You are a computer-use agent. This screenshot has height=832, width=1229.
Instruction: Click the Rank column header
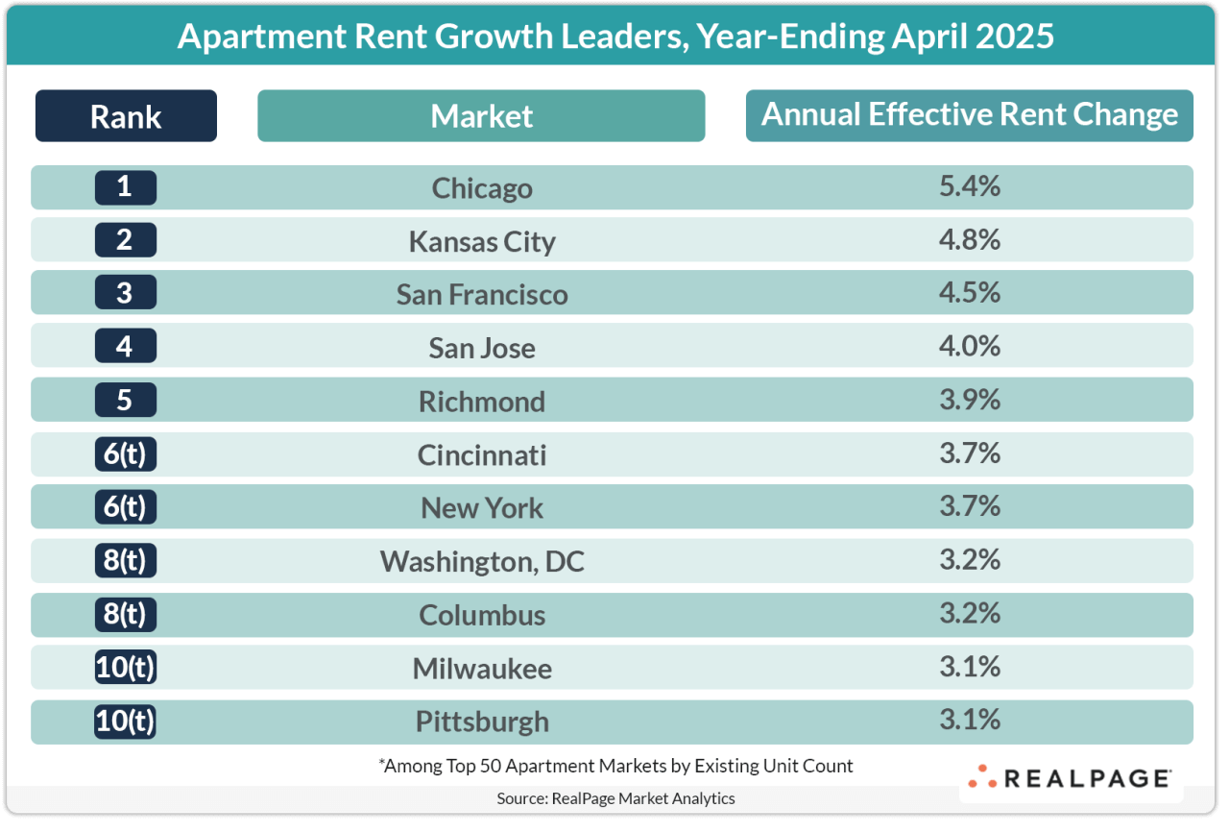point(126,116)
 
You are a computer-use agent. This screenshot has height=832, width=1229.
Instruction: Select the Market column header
point(481,116)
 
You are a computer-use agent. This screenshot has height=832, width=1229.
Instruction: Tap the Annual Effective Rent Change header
point(969,115)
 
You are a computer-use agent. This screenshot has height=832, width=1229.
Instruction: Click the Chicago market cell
point(482,188)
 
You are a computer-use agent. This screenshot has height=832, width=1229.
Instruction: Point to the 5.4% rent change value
point(970,186)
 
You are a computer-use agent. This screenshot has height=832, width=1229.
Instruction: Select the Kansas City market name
point(482,241)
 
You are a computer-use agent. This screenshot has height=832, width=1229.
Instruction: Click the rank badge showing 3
point(125,293)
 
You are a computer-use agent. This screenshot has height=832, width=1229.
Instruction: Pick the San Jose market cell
point(482,348)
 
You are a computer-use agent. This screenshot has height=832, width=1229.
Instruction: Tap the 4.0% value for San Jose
point(970,346)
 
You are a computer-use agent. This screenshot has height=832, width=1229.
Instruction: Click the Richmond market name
point(482,401)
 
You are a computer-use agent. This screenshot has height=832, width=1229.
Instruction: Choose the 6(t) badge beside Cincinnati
point(125,453)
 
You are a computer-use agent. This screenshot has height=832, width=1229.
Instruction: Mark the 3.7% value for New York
point(970,505)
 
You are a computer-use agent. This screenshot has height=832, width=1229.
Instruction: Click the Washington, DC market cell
point(482,561)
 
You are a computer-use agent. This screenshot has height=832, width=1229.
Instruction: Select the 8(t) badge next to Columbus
point(125,614)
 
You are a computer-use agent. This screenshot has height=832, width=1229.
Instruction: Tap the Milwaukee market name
point(482,668)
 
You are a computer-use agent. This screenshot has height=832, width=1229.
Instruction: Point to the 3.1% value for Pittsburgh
point(970,719)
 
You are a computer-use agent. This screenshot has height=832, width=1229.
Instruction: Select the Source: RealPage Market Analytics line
point(615,798)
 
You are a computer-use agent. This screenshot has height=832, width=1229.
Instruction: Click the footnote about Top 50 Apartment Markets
point(615,766)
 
